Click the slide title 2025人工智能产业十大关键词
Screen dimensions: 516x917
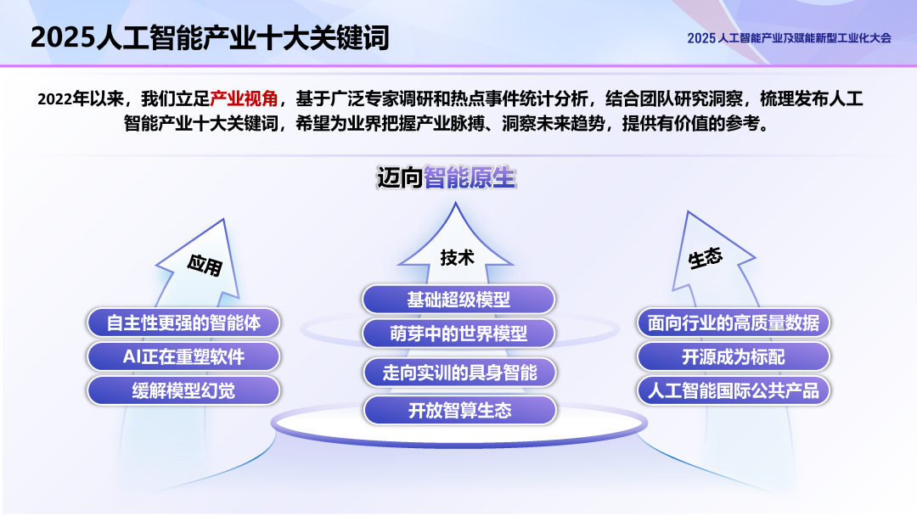[210, 37]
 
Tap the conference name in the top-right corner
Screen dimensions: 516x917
[789, 38]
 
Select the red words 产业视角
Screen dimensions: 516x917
[244, 98]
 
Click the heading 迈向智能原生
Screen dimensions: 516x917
[446, 178]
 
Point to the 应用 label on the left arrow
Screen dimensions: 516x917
[205, 266]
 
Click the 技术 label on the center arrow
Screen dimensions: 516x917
[457, 258]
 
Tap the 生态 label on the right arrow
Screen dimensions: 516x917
[706, 258]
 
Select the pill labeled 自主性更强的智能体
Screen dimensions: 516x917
[183, 322]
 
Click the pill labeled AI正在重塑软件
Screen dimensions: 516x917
[183, 356]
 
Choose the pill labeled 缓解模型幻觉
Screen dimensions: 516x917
[183, 390]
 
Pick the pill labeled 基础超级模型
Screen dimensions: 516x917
[458, 300]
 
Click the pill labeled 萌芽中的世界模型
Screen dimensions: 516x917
[458, 334]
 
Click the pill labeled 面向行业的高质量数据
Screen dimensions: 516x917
[734, 322]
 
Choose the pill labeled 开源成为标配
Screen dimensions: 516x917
[734, 356]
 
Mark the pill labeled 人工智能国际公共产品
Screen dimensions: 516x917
[734, 390]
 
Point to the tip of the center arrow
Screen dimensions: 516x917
[456, 205]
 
